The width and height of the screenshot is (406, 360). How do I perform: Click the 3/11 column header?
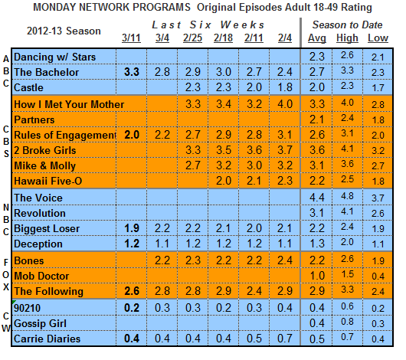click(131, 38)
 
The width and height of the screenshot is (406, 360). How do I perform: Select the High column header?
click(347, 38)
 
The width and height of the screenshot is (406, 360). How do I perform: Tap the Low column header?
click(378, 38)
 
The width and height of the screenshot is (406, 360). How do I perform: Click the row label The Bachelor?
click(47, 72)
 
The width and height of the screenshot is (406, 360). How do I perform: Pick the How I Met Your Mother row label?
click(69, 104)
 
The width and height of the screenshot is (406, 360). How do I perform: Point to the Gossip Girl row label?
click(40, 324)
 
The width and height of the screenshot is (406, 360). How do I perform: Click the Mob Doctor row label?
click(41, 276)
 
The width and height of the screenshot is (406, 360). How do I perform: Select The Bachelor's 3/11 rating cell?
click(132, 72)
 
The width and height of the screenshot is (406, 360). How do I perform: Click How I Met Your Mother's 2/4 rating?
click(285, 104)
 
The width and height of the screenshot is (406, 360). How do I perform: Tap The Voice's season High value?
click(347, 196)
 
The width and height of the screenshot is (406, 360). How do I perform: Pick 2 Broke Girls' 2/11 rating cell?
click(254, 150)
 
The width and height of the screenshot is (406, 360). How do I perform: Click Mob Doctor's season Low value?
click(378, 277)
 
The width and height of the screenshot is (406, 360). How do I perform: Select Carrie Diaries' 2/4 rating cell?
click(285, 339)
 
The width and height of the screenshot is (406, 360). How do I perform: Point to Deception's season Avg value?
click(317, 244)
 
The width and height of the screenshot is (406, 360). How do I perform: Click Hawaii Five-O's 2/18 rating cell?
click(224, 181)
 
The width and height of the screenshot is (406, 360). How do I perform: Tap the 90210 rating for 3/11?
click(132, 308)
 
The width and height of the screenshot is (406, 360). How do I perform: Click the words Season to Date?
click(347, 25)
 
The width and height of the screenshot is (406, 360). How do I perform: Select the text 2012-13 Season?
click(64, 31)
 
